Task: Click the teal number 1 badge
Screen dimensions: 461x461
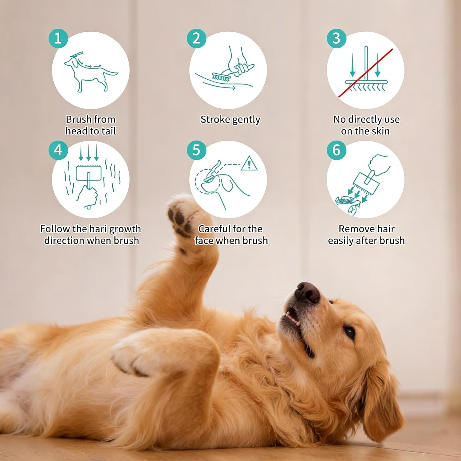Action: (58, 38)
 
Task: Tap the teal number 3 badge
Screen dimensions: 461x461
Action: (336, 38)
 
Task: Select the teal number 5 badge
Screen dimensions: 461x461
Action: (196, 150)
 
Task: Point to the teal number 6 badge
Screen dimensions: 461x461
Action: (336, 150)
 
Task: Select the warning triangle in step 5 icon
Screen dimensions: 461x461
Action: (249, 163)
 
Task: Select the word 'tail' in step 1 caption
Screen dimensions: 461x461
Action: (108, 131)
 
